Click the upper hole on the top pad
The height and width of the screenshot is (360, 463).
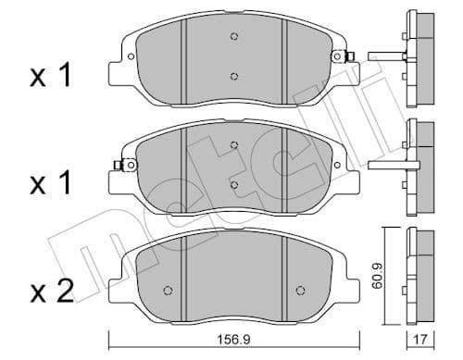[234, 37]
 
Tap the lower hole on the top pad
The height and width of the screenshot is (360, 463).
[234, 77]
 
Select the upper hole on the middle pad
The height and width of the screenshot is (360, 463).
[234, 145]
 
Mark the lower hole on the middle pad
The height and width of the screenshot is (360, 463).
[234, 185]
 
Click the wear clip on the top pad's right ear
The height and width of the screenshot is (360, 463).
[349, 57]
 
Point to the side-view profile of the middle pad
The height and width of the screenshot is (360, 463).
[421, 165]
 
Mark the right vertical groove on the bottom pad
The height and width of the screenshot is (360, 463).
[283, 268]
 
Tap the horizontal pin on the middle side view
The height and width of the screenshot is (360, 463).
[386, 168]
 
